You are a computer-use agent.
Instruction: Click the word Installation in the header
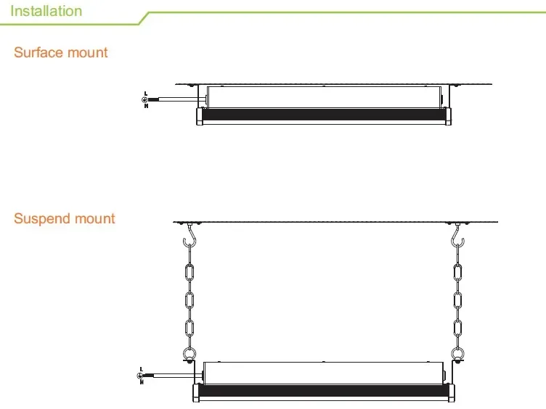click(x=46, y=11)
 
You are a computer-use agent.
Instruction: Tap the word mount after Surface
click(x=87, y=53)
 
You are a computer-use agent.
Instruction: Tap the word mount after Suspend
click(x=95, y=219)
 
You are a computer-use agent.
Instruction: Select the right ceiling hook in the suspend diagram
click(x=457, y=238)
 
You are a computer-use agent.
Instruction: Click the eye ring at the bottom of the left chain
click(x=190, y=355)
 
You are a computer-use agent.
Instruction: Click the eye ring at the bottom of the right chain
click(x=457, y=355)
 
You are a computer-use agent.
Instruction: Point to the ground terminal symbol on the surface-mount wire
click(x=145, y=99)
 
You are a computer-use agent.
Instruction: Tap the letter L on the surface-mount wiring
click(x=146, y=94)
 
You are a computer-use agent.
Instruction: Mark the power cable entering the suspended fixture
click(x=171, y=374)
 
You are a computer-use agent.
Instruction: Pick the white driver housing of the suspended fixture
click(x=323, y=372)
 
